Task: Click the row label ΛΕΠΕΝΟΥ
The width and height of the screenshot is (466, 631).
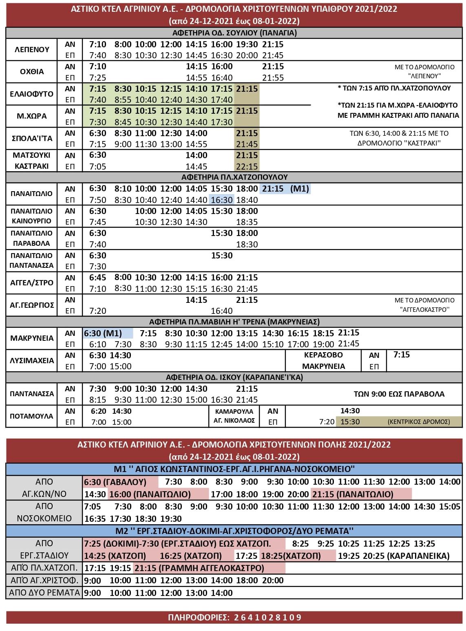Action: point(32,50)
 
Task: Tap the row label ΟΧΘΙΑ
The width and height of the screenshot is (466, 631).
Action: point(32,72)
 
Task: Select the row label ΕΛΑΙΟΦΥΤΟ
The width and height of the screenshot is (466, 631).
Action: point(32,94)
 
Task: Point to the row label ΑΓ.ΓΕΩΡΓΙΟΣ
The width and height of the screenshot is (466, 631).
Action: point(32,305)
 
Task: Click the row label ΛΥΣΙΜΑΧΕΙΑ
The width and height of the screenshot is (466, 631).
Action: point(32,360)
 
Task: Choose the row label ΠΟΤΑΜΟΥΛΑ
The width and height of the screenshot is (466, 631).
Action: point(32,416)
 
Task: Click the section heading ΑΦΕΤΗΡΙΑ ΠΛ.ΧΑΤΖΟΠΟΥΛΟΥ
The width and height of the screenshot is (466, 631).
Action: point(234,177)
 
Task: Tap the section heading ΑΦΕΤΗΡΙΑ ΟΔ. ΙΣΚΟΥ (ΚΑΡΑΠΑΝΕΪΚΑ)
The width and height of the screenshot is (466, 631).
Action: point(234,377)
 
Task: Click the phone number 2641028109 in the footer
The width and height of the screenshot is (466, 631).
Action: point(267,617)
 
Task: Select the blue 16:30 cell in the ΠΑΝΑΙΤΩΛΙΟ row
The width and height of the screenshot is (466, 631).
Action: point(221,200)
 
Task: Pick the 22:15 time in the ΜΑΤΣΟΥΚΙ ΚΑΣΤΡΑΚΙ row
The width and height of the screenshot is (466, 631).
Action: point(247,166)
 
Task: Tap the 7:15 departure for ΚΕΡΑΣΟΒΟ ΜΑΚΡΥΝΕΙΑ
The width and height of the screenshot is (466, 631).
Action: point(401,355)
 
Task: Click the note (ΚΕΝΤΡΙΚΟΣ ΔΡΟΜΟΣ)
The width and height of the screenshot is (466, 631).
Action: point(419,421)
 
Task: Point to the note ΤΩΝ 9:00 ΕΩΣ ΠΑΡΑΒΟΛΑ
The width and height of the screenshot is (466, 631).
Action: point(399,394)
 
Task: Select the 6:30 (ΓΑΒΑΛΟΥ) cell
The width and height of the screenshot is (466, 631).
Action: point(115,482)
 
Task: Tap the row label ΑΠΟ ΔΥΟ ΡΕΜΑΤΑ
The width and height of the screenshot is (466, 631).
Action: point(44,593)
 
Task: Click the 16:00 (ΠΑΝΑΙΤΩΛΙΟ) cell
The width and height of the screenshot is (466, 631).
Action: point(150,494)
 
